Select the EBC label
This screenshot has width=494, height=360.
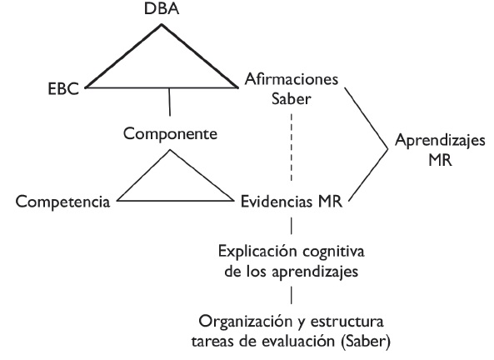[x=64, y=87]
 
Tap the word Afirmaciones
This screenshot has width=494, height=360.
[x=291, y=80]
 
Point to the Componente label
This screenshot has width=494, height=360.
[x=172, y=132]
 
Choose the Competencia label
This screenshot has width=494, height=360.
[x=64, y=201]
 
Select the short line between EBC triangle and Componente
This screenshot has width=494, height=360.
[x=171, y=103]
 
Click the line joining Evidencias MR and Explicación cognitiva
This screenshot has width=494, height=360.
[x=291, y=225]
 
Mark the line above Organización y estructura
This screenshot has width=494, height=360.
[x=291, y=296]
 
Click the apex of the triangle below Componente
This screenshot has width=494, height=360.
[x=171, y=152]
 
